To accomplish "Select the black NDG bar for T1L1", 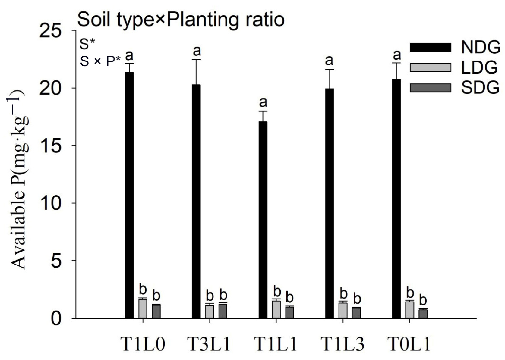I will point(263,220).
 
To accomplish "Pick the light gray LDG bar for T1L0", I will point(143,308).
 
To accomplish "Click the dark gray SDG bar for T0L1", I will point(423,314).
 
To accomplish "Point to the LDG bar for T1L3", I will point(343,310).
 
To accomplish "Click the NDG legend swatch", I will point(430,48).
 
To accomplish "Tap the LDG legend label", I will point(480,67).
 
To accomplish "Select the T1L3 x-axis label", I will point(342,344).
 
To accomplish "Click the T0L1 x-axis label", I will point(409,344).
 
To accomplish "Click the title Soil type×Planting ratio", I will point(181,20).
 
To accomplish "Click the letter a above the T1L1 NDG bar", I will point(263,102).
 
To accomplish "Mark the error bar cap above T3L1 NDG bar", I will point(196,59).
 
